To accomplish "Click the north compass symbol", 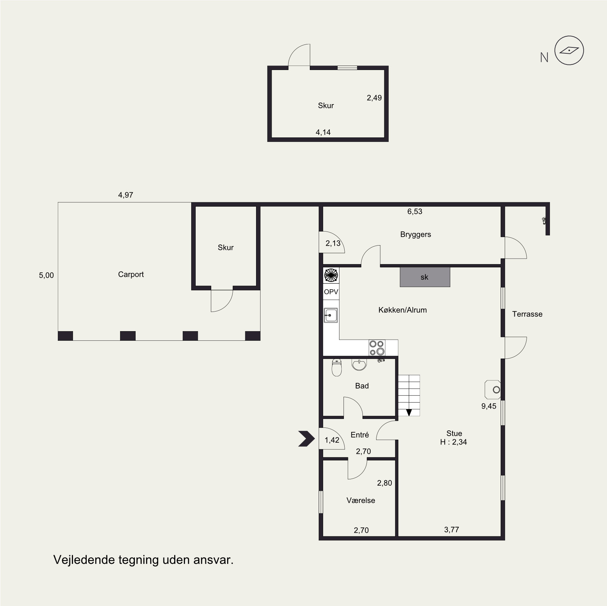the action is click(x=569, y=51).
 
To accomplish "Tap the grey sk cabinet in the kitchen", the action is click(x=425, y=277).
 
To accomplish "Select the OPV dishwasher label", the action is click(x=331, y=292).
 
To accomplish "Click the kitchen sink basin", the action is click(x=331, y=316).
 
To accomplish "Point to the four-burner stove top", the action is click(x=377, y=348).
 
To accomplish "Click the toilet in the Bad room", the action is click(x=336, y=367).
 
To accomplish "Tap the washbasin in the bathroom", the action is click(x=359, y=364).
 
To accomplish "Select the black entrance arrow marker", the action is click(x=306, y=439).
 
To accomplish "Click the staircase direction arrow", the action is click(x=409, y=412).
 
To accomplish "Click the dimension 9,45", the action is click(x=489, y=406).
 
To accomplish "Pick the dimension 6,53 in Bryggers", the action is click(x=415, y=212).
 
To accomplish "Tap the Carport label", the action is click(x=131, y=274).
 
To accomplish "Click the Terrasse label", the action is click(x=527, y=314).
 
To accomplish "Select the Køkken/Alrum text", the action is click(x=402, y=310).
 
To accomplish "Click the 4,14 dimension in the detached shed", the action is click(x=323, y=132).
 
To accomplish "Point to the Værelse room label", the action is click(x=361, y=500).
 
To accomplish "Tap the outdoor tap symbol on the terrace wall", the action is click(x=544, y=221).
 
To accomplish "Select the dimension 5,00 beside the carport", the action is click(x=46, y=275).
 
